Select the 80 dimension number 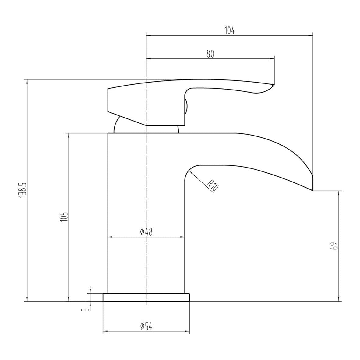coord(210,54)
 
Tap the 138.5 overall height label coord(22,190)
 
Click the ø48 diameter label coord(146,232)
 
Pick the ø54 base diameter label coord(146,326)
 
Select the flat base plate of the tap coord(146,298)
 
